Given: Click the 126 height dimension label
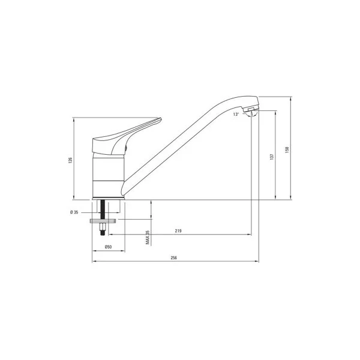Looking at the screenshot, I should pos(70,160).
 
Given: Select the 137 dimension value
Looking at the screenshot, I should pos(272,156).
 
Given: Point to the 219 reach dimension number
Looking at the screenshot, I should pos(179,231).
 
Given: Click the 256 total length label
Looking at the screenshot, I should pos(174,257).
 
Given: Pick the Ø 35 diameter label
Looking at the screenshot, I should pos(74,211).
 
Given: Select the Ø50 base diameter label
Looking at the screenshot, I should pos(108,247).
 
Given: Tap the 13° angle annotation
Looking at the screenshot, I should pos(236,113).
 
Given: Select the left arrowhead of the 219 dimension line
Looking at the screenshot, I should pos(110,235).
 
